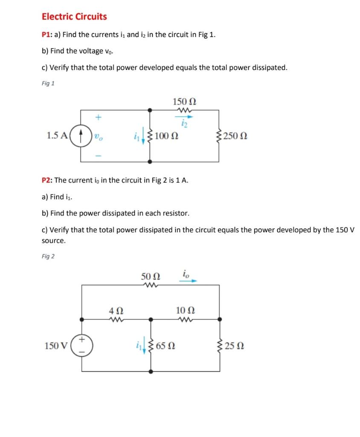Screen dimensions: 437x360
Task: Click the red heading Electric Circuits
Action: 74,17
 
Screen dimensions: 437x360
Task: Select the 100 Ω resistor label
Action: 167,137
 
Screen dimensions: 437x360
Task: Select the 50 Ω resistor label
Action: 150,277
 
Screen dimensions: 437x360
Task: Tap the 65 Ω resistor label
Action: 166,346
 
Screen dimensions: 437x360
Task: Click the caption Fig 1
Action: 48,83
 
